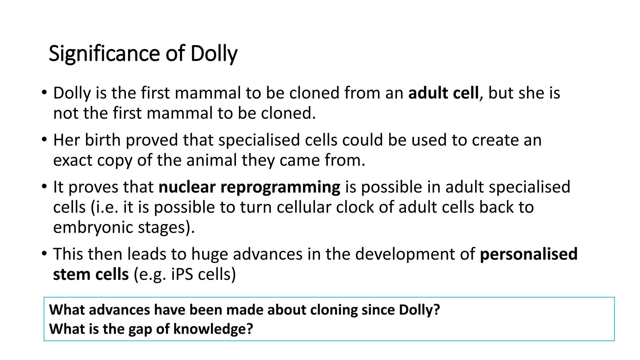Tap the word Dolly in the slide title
click(214, 54)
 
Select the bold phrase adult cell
click(443, 93)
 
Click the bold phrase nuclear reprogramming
click(249, 187)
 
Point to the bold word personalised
click(528, 254)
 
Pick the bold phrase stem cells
click(91, 274)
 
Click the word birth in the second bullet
click(102, 140)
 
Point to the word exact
click(72, 160)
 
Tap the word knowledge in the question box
click(212, 329)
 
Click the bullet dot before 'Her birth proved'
click(44, 139)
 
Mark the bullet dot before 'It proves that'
click(44, 186)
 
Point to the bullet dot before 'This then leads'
click(44, 253)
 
